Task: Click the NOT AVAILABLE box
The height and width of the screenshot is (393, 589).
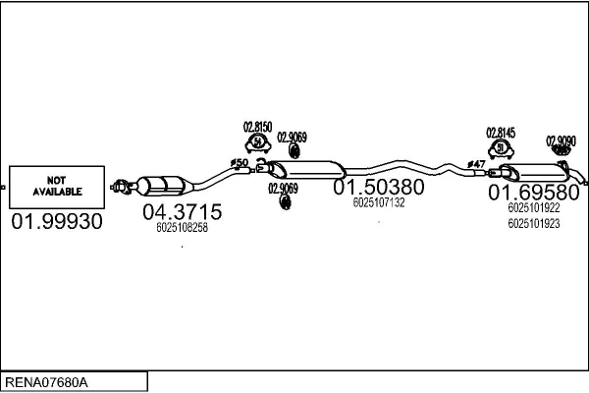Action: coord(56,186)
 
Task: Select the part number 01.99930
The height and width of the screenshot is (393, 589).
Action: coord(56,223)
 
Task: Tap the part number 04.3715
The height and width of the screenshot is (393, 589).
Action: coord(182,212)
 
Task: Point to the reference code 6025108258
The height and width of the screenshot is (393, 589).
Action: coord(182,228)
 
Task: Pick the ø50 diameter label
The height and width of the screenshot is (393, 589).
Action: coord(239,162)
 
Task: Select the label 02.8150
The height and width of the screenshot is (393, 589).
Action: coord(257,128)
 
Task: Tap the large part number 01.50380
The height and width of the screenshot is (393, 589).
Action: coord(378,187)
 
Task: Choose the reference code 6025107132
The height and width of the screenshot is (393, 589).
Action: coord(378,202)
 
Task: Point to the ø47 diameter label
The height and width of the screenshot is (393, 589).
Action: coord(476,164)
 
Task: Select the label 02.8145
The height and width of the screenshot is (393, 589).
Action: coord(501,131)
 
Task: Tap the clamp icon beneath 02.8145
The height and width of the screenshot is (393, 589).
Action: coord(502,148)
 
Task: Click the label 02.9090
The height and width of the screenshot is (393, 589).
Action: coord(561,141)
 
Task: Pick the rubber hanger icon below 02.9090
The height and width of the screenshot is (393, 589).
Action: coord(561,152)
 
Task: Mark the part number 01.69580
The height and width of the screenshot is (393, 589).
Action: coord(534,193)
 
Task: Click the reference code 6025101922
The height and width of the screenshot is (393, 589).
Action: coord(534,208)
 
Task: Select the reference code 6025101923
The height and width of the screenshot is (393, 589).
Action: coord(534,224)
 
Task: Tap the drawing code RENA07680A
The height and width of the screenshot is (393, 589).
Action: coord(47,380)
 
